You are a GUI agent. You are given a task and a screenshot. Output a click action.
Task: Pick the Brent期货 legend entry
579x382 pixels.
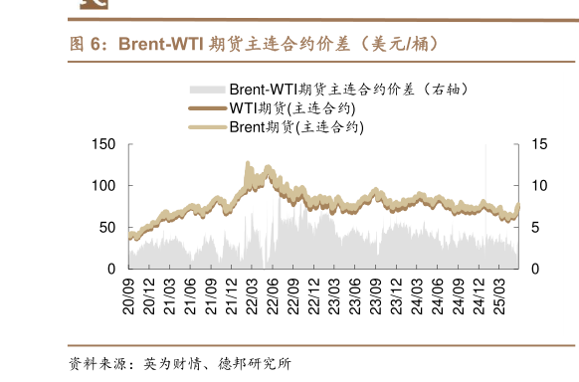pos(295,126)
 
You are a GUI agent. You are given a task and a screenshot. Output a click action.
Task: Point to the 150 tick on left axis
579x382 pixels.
pos(102,145)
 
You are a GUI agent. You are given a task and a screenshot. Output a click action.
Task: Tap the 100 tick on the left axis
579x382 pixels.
pos(102,186)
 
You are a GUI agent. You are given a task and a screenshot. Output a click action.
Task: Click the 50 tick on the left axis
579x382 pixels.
pos(106,228)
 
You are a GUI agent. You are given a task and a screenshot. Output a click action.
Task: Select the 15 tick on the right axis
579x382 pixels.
pos(539,145)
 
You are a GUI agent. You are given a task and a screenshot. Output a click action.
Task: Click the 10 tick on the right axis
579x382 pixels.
pos(539,186)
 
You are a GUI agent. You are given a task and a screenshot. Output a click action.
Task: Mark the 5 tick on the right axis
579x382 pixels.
pos(535,228)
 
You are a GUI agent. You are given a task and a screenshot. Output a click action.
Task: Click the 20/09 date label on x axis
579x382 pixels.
pos(128,294)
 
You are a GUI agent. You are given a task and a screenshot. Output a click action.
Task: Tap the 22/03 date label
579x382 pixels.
pos(253,294)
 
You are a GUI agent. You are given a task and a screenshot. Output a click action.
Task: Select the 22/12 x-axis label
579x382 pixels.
pos(314,294)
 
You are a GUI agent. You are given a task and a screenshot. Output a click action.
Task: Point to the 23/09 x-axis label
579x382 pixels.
pos(376,294)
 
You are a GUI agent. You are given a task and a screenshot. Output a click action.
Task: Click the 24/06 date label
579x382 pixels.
pos(439,294)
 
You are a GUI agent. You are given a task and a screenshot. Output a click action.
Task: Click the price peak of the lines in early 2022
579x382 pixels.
pos(247,165)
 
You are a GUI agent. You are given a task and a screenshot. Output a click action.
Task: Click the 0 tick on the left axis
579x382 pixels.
pos(110,269)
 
